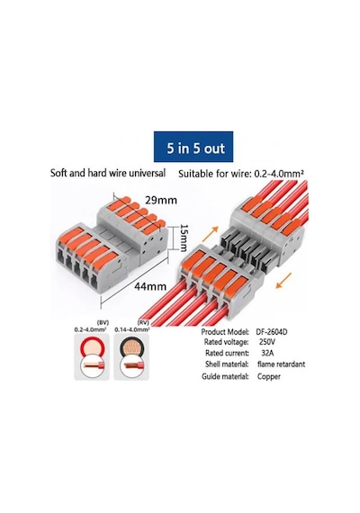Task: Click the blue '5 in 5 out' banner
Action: pos(193,147)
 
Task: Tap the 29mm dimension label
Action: pos(161,200)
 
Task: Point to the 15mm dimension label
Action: pos(184,238)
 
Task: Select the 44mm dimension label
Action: pos(150,286)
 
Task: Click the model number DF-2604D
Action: pos(272,332)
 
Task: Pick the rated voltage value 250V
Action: pos(267,342)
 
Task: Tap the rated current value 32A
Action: pos(267,353)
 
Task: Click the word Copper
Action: pos(269,376)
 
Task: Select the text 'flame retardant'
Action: pos(281,364)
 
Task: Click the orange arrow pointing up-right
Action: pos(210,234)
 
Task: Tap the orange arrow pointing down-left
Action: pos(283,281)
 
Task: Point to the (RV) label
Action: pos(143,322)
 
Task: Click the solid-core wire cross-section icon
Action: pos(92,357)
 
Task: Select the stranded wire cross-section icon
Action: pos(131,357)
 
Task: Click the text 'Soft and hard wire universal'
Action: pos(108,173)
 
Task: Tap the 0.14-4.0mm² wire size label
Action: pos(132,329)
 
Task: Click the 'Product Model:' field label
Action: pos(225,332)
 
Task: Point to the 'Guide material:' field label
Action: pos(225,376)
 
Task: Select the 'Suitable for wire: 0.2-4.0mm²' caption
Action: pos(241,174)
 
